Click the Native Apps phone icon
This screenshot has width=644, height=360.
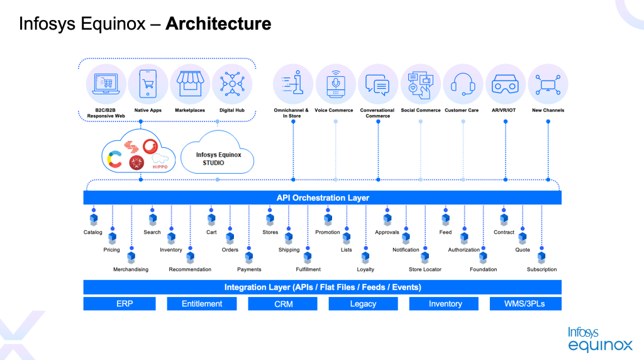click(148, 84)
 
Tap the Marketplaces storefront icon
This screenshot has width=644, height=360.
click(190, 84)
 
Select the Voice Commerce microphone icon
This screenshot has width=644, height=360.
click(335, 84)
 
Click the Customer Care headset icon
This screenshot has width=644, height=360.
click(462, 84)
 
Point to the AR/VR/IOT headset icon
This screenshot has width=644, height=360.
click(505, 84)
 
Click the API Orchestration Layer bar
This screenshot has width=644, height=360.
click(322, 198)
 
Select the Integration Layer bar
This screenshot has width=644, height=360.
click(322, 287)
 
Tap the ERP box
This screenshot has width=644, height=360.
click(125, 304)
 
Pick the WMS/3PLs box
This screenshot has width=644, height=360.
click(525, 304)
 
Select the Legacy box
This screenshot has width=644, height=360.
click(363, 304)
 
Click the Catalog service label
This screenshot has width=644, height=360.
click(93, 232)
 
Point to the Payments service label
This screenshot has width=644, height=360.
click(249, 269)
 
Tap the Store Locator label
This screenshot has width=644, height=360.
click(425, 269)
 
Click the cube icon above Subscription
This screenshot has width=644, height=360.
click(541, 257)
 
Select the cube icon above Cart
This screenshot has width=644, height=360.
click(211, 220)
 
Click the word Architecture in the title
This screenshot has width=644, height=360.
click(218, 24)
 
